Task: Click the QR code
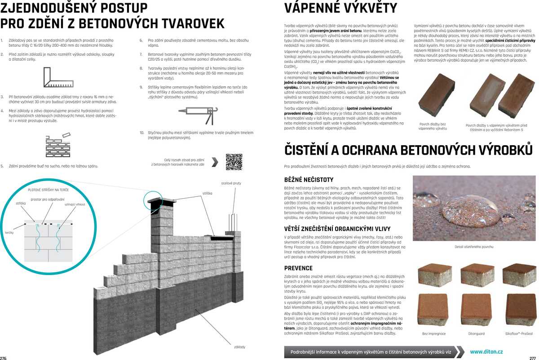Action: point(234,162)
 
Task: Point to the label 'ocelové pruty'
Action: point(231,183)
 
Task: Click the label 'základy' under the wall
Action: point(240,347)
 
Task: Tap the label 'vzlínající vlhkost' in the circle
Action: point(75,204)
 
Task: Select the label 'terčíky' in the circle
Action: point(9,232)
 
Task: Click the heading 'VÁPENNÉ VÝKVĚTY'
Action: point(341,8)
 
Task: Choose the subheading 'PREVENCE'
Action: point(298,268)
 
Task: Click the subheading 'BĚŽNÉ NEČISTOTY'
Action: point(309,180)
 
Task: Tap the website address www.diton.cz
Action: point(486,352)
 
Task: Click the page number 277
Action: point(533,358)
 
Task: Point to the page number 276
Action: point(4,358)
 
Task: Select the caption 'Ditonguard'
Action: point(476,334)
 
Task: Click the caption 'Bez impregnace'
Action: point(434,334)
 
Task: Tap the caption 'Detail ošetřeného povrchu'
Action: point(474,247)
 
